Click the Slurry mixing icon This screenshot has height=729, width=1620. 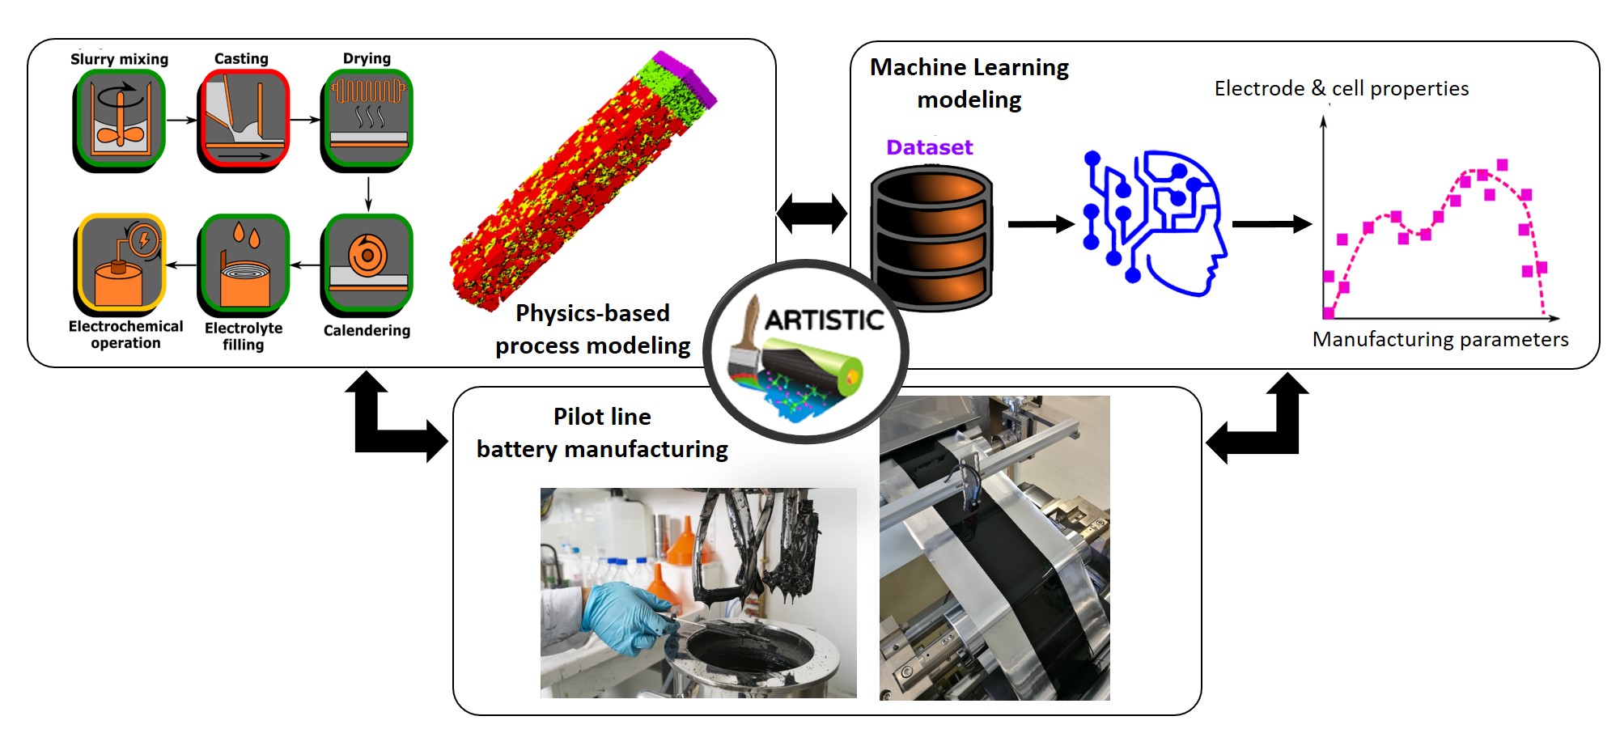(x=120, y=120)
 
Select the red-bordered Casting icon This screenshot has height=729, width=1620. (x=244, y=120)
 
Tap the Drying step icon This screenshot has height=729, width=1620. (x=367, y=120)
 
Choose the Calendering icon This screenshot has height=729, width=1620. (x=367, y=264)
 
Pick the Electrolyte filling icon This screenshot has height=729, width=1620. (x=244, y=264)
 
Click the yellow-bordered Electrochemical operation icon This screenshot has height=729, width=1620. (x=121, y=264)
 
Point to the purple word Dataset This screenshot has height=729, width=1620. (x=929, y=147)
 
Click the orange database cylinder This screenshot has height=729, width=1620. (x=931, y=239)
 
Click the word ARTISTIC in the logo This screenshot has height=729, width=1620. (x=825, y=320)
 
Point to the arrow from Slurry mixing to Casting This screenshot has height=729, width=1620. (x=182, y=120)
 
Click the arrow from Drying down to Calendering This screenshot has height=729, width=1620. (x=368, y=194)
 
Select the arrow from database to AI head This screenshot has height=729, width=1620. (x=1041, y=224)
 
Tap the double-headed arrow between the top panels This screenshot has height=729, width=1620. (x=812, y=214)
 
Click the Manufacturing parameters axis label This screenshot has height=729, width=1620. (x=1440, y=339)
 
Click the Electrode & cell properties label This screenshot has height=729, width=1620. (x=1341, y=88)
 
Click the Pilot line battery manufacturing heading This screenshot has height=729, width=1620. (x=602, y=433)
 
